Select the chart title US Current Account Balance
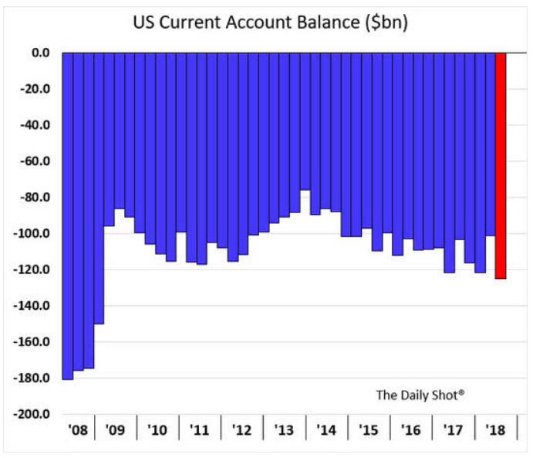(x=270, y=23)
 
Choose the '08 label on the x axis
(x=78, y=429)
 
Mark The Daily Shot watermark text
(x=420, y=395)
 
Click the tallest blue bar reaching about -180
(x=68, y=216)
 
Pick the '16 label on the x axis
(x=410, y=429)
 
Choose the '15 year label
(x=369, y=429)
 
